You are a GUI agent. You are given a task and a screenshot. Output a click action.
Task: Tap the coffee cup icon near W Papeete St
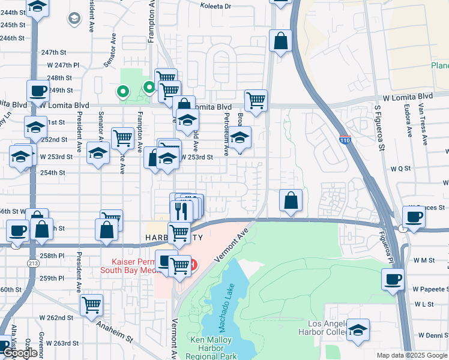click(393, 279)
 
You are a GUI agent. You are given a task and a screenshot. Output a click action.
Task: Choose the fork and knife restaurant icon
click(180, 210)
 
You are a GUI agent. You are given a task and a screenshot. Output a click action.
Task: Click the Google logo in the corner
click(20, 353)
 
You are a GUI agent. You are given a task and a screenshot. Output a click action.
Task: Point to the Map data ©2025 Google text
click(412, 355)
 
